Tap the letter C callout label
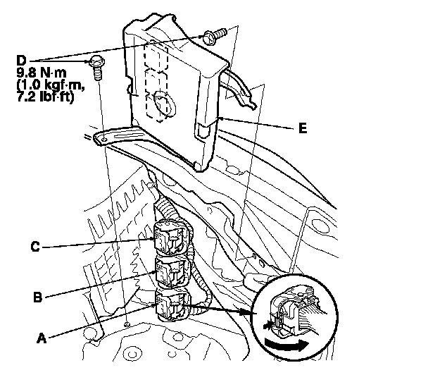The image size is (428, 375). click(x=35, y=247)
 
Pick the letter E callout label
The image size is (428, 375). click(x=303, y=128)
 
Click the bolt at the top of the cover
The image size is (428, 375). click(x=216, y=32)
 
